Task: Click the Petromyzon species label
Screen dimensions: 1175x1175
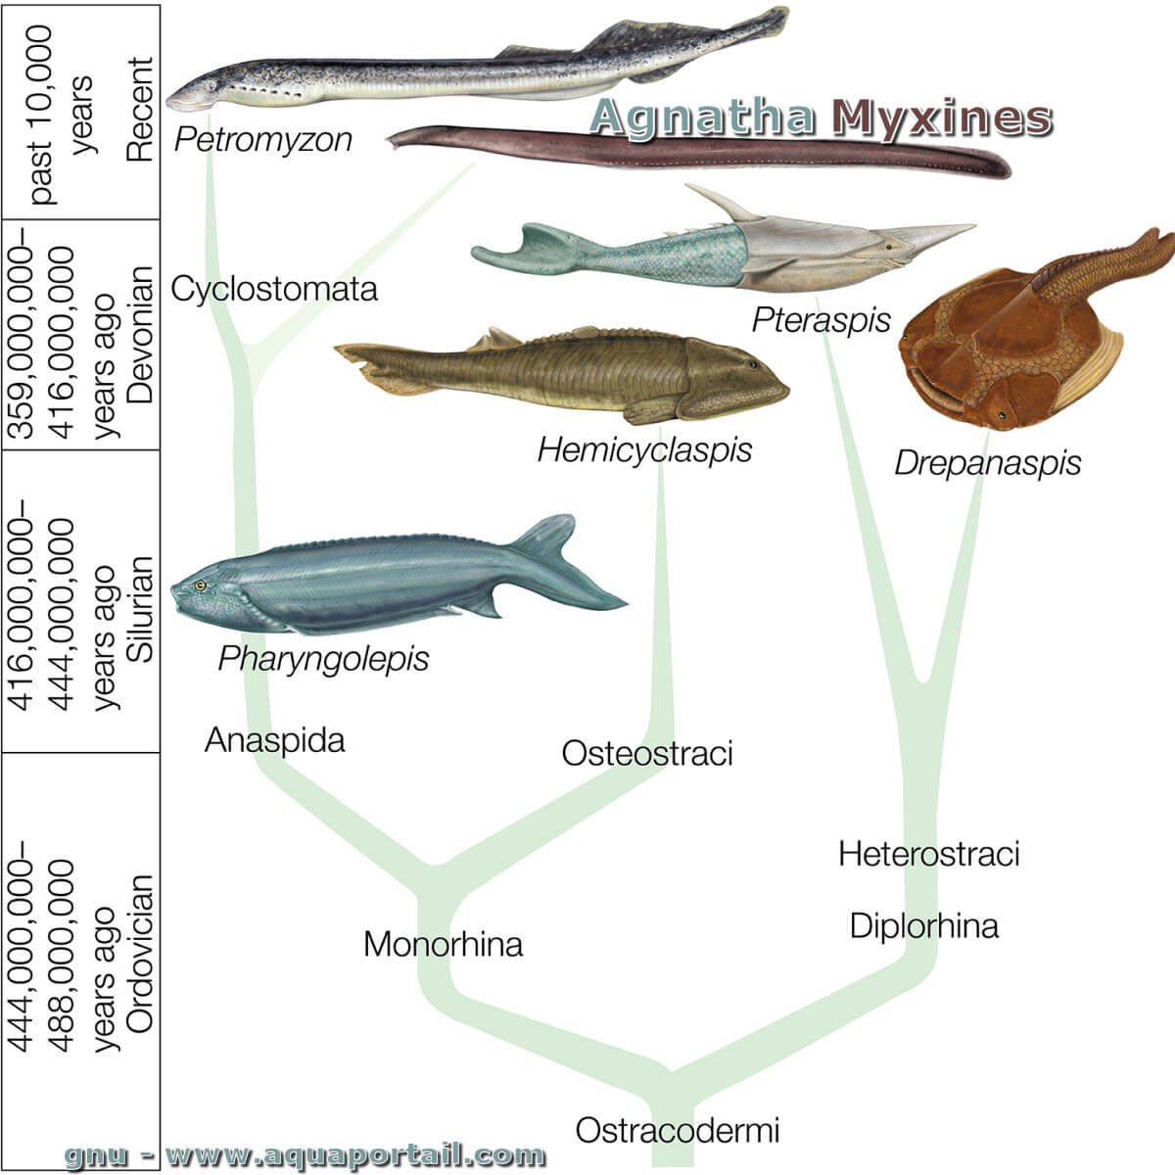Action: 263,140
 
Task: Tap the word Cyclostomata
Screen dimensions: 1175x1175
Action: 274,289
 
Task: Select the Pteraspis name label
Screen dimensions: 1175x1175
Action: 822,320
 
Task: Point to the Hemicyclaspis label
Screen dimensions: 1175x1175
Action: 644,451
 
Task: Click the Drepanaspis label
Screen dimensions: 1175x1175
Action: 988,463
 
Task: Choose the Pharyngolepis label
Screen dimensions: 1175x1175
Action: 324,659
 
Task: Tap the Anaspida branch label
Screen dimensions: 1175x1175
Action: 275,740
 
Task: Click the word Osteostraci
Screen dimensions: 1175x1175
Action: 647,753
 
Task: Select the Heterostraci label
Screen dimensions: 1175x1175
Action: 929,853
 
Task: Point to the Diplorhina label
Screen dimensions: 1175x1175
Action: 924,925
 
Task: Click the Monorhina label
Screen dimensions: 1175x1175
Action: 444,945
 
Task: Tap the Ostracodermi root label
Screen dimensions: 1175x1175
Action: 678,1130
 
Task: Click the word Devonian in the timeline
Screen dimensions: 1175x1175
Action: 140,334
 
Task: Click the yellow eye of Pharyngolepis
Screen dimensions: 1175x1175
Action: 200,586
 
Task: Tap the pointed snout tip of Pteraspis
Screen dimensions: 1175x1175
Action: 973,225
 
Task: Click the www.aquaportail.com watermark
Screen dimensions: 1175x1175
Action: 354,1155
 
